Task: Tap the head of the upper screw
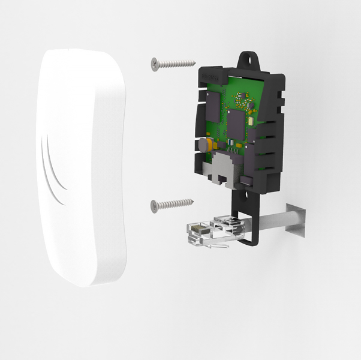155,62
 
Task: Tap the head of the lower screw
154,205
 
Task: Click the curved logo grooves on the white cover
52,168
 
